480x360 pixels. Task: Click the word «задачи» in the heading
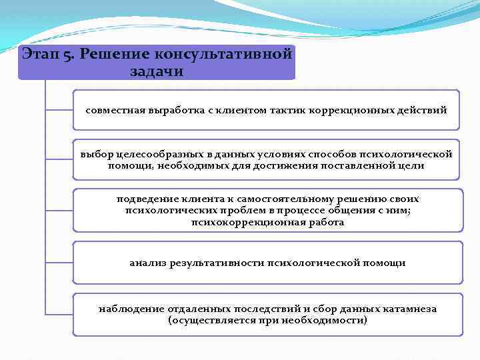pyautogui.click(x=156, y=71)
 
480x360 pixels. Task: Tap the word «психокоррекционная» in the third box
pyautogui.click(x=254, y=222)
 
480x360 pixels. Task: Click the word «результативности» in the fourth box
pyautogui.click(x=221, y=263)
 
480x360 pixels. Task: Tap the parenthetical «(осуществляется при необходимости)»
pyautogui.click(x=267, y=320)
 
